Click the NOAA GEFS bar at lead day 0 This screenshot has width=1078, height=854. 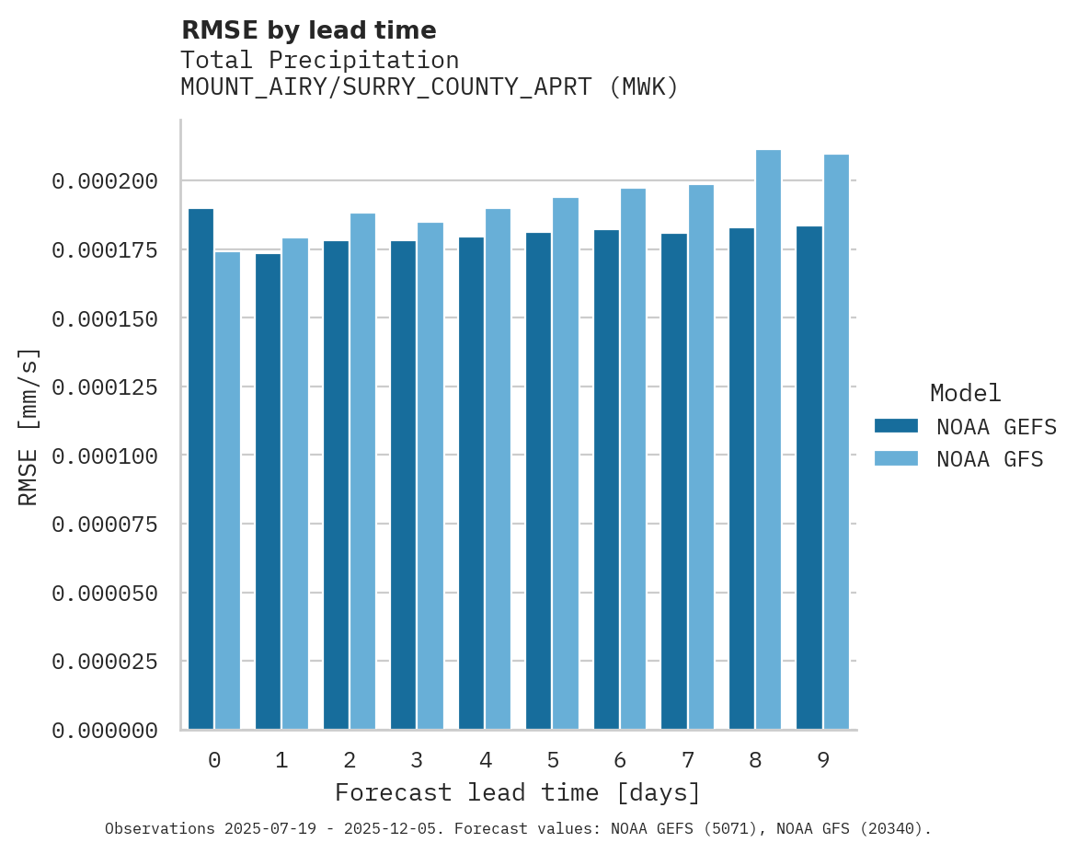pos(201,469)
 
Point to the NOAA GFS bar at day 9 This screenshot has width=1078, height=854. pos(836,442)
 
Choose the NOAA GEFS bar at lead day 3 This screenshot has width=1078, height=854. pos(403,485)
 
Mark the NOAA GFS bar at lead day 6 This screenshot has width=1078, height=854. pos(633,459)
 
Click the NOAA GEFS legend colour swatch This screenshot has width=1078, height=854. pos(896,425)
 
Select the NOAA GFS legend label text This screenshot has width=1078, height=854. pos(990,458)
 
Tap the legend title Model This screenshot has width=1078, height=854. pos(965,393)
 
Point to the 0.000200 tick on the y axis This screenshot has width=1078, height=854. pos(104,181)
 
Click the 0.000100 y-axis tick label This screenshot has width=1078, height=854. pos(104,456)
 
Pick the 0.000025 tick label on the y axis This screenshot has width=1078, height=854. pos(104,662)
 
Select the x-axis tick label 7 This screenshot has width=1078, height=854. pos(687,760)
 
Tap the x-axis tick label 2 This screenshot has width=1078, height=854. pos(350,760)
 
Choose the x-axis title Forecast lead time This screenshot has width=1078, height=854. pos(518,792)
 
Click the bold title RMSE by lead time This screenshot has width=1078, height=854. pos(308,30)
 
